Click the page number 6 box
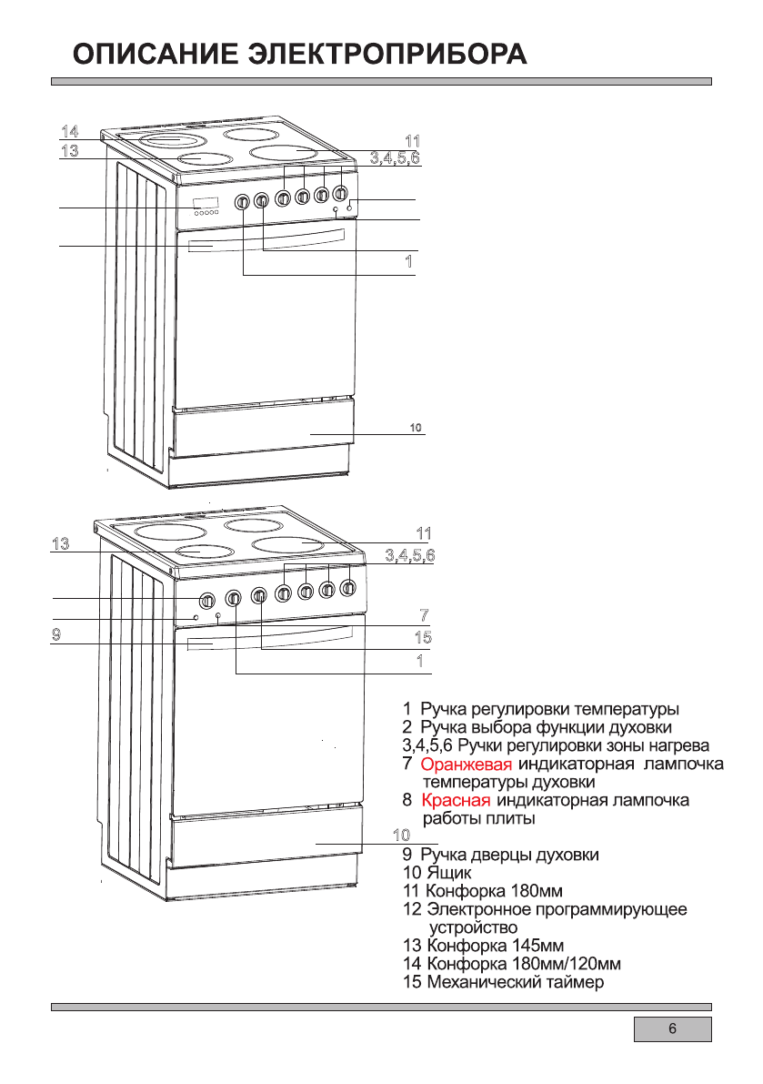(x=672, y=1029)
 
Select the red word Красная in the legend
(x=456, y=800)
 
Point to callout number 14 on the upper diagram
(x=70, y=129)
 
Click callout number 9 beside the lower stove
(x=56, y=634)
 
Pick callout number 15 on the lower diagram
(x=422, y=637)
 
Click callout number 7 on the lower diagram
(x=424, y=614)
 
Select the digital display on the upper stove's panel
(x=205, y=203)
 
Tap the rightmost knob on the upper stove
(x=340, y=194)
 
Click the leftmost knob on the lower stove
(x=206, y=600)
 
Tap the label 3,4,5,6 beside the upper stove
(x=395, y=159)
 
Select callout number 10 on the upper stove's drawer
(x=415, y=427)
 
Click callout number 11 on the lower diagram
(x=423, y=533)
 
